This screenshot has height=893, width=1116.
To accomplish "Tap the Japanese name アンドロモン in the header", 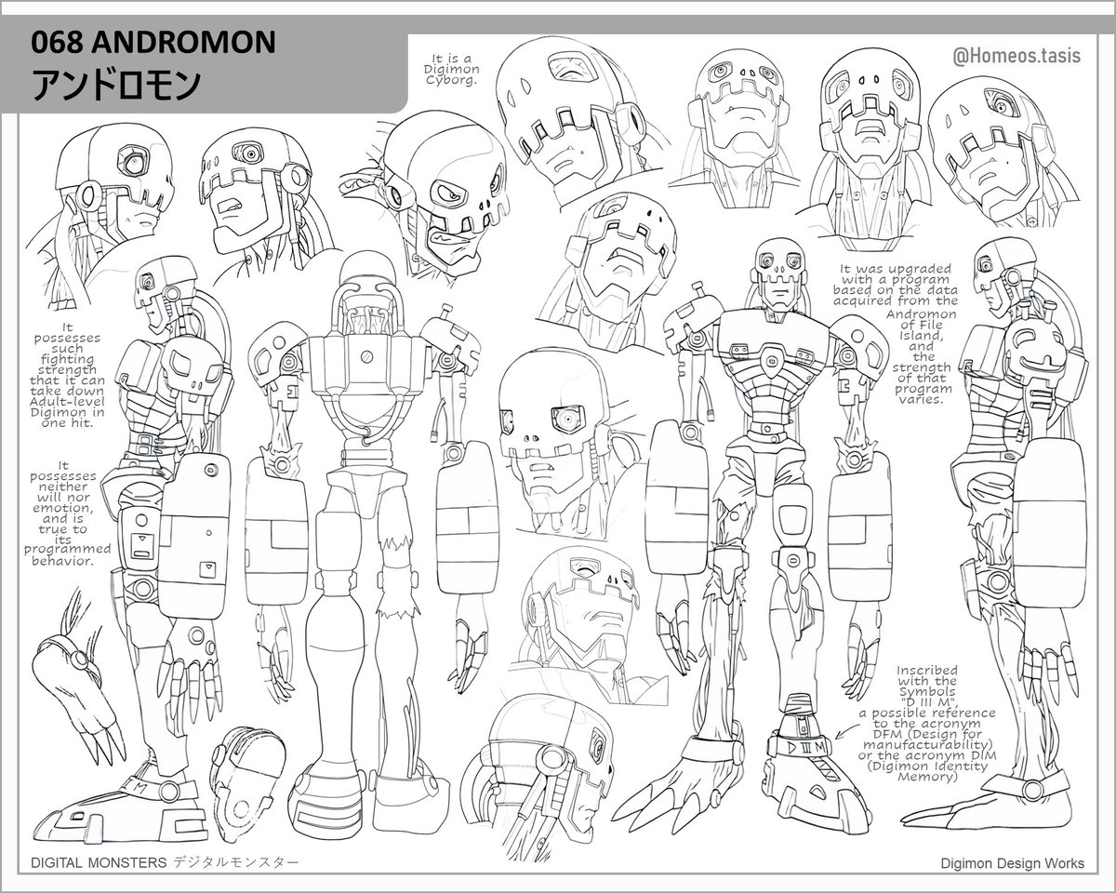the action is point(116,85).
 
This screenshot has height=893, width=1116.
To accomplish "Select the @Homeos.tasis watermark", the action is point(1016,56).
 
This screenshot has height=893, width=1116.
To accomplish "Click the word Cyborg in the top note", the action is point(455,80).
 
